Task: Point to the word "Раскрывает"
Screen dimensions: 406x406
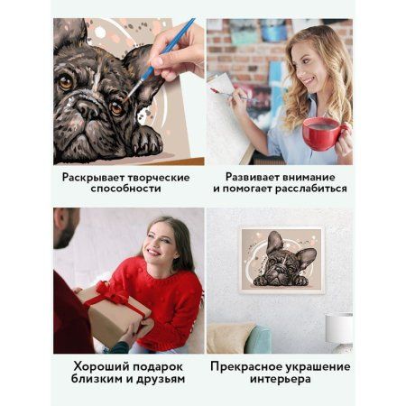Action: [x=98, y=177]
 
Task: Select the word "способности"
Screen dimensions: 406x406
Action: [x=126, y=192]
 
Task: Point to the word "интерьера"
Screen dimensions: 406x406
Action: [x=279, y=382]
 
